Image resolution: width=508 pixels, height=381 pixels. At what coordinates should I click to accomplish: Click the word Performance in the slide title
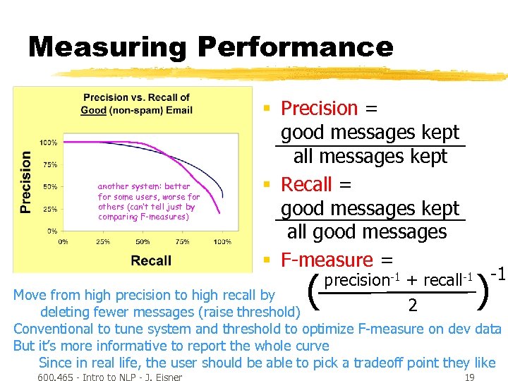tap(295, 47)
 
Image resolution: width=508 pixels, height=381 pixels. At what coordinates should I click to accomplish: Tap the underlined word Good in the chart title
tap(94, 110)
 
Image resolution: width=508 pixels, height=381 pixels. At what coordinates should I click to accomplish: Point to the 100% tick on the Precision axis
tap(49, 143)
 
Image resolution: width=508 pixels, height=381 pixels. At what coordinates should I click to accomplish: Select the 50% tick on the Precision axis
tap(50, 187)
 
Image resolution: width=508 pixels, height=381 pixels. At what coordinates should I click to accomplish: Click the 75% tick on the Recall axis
tap(182, 241)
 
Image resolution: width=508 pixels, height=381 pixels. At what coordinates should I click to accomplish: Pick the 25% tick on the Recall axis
tap(102, 241)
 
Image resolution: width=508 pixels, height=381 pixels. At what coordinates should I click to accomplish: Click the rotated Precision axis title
tap(26, 181)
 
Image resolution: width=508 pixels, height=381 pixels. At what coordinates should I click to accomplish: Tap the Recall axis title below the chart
tap(151, 260)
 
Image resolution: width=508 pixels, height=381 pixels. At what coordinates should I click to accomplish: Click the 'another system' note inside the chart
tap(149, 202)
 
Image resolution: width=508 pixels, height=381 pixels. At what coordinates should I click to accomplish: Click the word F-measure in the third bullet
tap(327, 260)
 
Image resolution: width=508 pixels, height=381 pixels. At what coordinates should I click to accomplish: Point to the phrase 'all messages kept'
tap(370, 156)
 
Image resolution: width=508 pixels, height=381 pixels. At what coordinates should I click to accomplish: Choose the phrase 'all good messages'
tap(367, 231)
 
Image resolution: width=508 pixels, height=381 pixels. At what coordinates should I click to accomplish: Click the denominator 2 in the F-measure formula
tap(412, 305)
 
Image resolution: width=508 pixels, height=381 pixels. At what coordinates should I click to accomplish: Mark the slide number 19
tap(470, 377)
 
